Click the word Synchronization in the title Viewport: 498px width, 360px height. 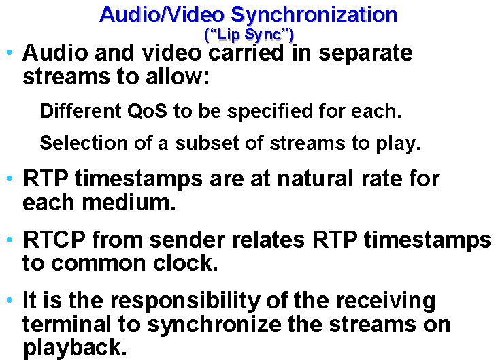click(314, 15)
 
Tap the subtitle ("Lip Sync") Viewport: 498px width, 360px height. click(249, 35)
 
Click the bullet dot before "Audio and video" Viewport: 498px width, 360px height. click(10, 52)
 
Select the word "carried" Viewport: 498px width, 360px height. click(246, 53)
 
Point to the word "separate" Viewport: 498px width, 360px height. click(365, 54)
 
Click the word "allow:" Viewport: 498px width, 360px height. click(178, 77)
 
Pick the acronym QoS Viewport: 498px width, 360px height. click(147, 111)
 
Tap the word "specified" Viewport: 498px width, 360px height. click(270, 112)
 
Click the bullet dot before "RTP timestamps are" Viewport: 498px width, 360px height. click(10, 178)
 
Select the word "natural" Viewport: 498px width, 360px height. click(316, 178)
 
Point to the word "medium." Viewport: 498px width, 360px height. click(129, 202)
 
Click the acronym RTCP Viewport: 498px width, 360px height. click(54, 240)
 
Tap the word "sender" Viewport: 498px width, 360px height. click(187, 240)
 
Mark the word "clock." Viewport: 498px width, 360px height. click(186, 263)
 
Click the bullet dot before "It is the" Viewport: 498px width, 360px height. click(10, 300)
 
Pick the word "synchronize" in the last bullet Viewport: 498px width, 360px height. click(214, 325)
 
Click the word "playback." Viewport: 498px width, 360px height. click(75, 348)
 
